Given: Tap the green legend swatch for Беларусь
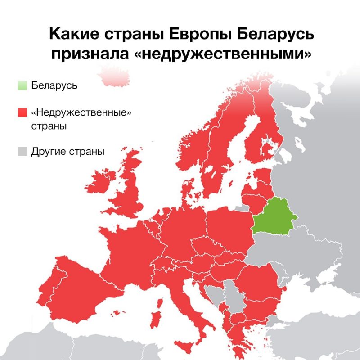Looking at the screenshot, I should point(22,85).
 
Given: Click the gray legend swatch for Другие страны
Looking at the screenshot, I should point(22,152).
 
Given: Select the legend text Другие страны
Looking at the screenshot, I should point(68,152).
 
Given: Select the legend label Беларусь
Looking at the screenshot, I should point(54,85).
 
